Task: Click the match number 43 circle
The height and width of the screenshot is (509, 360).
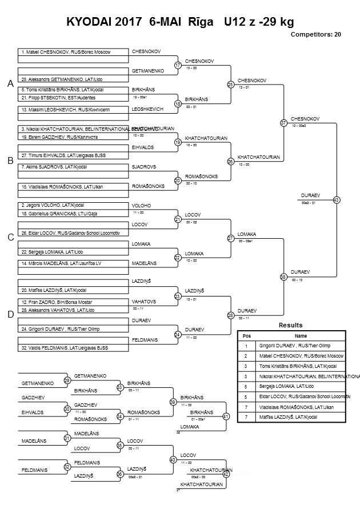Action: [336, 200]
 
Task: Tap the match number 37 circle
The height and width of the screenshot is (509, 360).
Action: [283, 123]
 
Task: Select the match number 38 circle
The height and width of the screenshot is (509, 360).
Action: [283, 276]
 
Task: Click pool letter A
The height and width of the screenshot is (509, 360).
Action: [10, 84]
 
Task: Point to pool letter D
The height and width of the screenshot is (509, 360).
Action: [10, 314]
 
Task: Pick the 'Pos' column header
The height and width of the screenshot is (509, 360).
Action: [247, 336]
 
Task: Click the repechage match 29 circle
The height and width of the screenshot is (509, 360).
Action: [67, 380]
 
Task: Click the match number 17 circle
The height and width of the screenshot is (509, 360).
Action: [178, 65]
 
